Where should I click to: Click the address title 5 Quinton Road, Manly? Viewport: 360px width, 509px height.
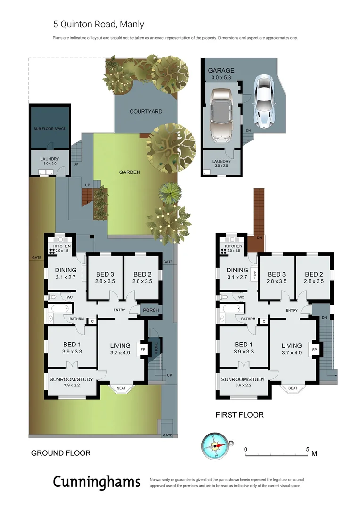(x=98, y=24)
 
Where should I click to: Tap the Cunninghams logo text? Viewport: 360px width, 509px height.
(x=97, y=482)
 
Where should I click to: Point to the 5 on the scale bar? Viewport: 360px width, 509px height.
(x=308, y=449)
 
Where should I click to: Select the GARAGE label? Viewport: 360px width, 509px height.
(x=221, y=71)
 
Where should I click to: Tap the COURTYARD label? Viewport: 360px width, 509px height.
(x=146, y=112)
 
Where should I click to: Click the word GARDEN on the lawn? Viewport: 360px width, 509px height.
(x=129, y=172)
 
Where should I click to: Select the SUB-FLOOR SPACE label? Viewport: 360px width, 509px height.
(x=49, y=129)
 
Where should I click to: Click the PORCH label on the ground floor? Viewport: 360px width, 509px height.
(x=151, y=310)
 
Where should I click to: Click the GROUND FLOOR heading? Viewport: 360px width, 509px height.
(x=60, y=453)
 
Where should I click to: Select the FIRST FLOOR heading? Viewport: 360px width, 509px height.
(x=239, y=415)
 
